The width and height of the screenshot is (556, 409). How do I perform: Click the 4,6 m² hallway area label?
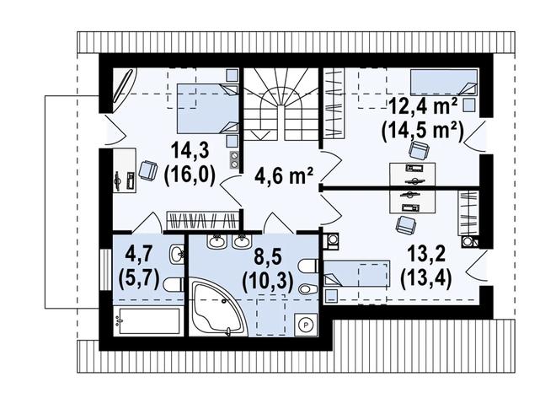[284, 175]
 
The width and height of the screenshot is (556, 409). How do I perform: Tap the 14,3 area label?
[190, 152]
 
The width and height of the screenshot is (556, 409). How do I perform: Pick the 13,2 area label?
[425, 255]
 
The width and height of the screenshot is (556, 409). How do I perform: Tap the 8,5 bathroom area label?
[268, 255]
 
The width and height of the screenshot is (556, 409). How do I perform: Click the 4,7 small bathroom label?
[138, 254]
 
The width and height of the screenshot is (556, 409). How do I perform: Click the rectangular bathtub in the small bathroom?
[149, 321]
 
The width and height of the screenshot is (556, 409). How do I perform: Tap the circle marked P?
[307, 324]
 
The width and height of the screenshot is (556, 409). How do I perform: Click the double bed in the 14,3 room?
[206, 109]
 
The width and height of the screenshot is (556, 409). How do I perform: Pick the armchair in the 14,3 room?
[148, 170]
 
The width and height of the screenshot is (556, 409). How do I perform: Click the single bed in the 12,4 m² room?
[443, 83]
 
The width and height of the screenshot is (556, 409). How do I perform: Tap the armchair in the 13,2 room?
[405, 224]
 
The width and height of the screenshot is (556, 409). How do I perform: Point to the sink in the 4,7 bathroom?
[177, 254]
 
